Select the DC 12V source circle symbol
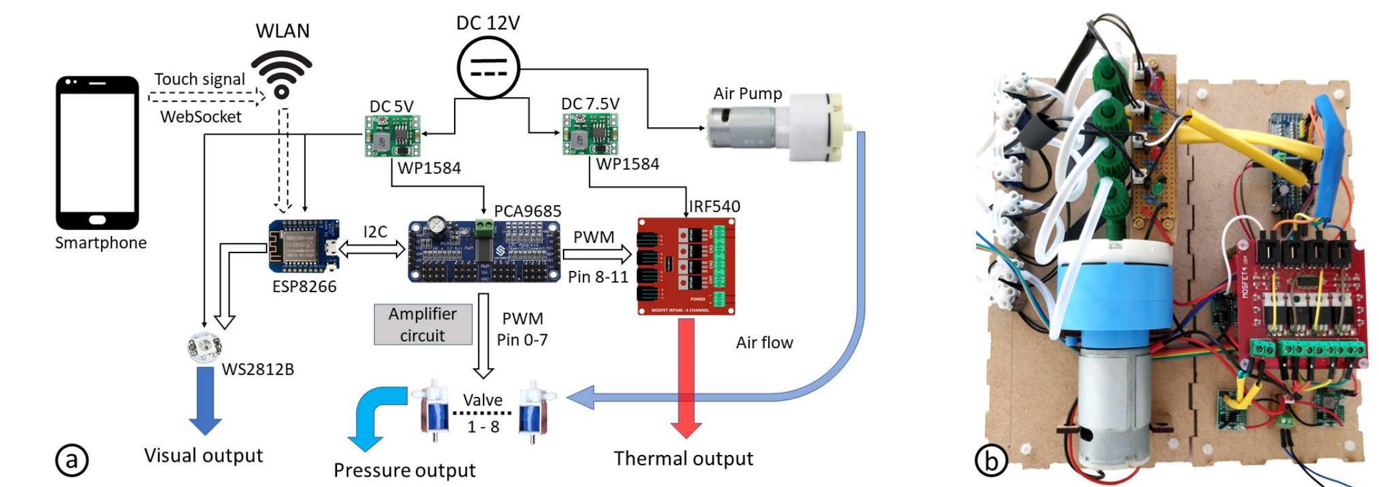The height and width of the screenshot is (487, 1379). [x=488, y=66]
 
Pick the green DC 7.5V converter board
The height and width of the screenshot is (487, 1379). [x=590, y=134]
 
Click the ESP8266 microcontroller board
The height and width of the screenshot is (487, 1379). [x=304, y=246]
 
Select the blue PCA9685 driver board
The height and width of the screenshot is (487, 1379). [x=484, y=251]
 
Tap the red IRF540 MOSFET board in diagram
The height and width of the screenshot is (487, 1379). [x=686, y=266]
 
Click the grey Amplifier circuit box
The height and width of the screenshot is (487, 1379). [x=423, y=325]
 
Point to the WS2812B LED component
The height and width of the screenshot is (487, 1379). [x=205, y=346]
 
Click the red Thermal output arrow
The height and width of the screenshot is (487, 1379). [x=686, y=377]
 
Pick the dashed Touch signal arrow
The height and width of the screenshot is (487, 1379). [x=206, y=98]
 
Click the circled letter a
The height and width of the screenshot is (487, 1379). [x=72, y=460]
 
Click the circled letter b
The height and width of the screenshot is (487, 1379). [x=991, y=460]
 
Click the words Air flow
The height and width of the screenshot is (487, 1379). [x=764, y=343]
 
